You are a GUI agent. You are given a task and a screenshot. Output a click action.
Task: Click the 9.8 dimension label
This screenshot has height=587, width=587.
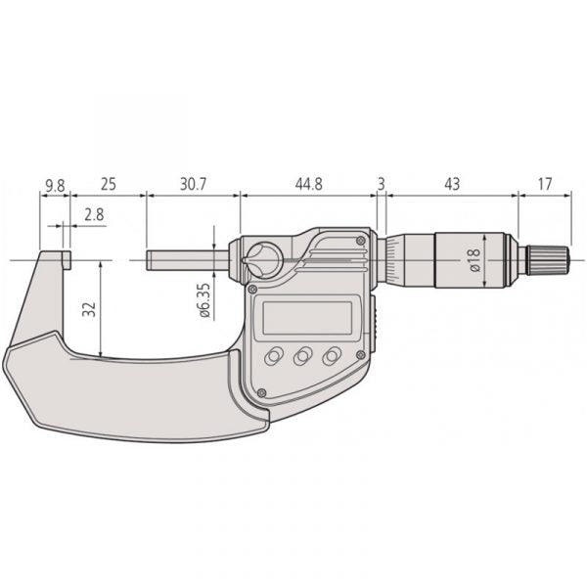(55, 184)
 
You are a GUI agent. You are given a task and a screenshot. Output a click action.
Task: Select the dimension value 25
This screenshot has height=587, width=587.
(108, 184)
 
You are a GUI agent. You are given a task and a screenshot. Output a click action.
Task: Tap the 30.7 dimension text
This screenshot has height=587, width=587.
(193, 184)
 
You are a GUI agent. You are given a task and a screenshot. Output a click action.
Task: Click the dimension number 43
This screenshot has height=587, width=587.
(451, 184)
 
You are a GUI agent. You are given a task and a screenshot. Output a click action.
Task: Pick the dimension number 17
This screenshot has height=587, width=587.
(544, 184)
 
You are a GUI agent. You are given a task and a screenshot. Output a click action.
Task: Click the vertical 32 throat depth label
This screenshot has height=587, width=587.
(89, 310)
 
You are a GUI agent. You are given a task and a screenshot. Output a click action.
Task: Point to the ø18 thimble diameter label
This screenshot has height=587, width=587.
(474, 259)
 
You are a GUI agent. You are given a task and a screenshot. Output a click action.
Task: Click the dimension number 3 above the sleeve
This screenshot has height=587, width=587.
(381, 184)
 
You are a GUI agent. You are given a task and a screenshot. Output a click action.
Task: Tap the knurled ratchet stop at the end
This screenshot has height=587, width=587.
(550, 260)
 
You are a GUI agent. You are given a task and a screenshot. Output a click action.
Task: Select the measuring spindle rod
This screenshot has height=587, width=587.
(186, 260)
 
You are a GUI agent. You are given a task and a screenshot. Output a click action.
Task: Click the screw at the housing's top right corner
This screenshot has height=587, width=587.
(361, 240)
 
